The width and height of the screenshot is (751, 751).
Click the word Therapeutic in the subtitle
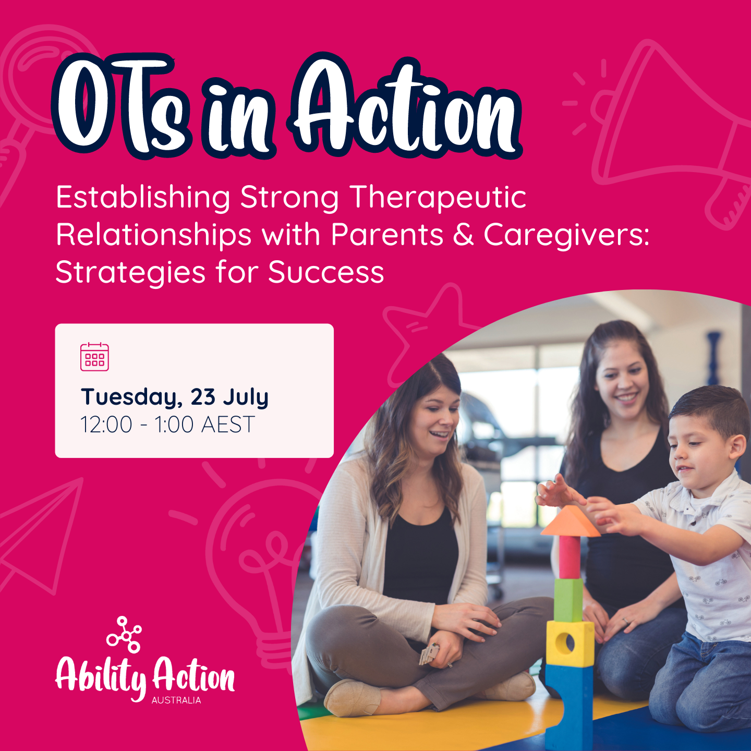(x=438, y=198)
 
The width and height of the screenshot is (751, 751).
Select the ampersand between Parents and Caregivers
(x=463, y=235)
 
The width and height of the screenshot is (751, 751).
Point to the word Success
(x=326, y=273)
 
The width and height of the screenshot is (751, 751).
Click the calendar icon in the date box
(x=94, y=357)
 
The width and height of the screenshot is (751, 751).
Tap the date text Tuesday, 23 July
(x=175, y=397)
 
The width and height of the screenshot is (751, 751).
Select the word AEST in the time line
(x=228, y=425)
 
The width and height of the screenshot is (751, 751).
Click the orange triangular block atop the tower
(x=570, y=522)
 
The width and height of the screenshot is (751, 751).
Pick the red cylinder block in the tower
(x=569, y=557)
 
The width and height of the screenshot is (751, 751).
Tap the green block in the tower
(x=568, y=599)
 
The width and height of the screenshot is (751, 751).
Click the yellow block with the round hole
(x=570, y=644)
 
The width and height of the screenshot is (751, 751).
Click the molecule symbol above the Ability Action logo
(x=124, y=634)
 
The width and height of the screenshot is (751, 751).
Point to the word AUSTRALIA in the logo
(x=176, y=700)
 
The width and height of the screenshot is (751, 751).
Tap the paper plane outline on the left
(x=42, y=537)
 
